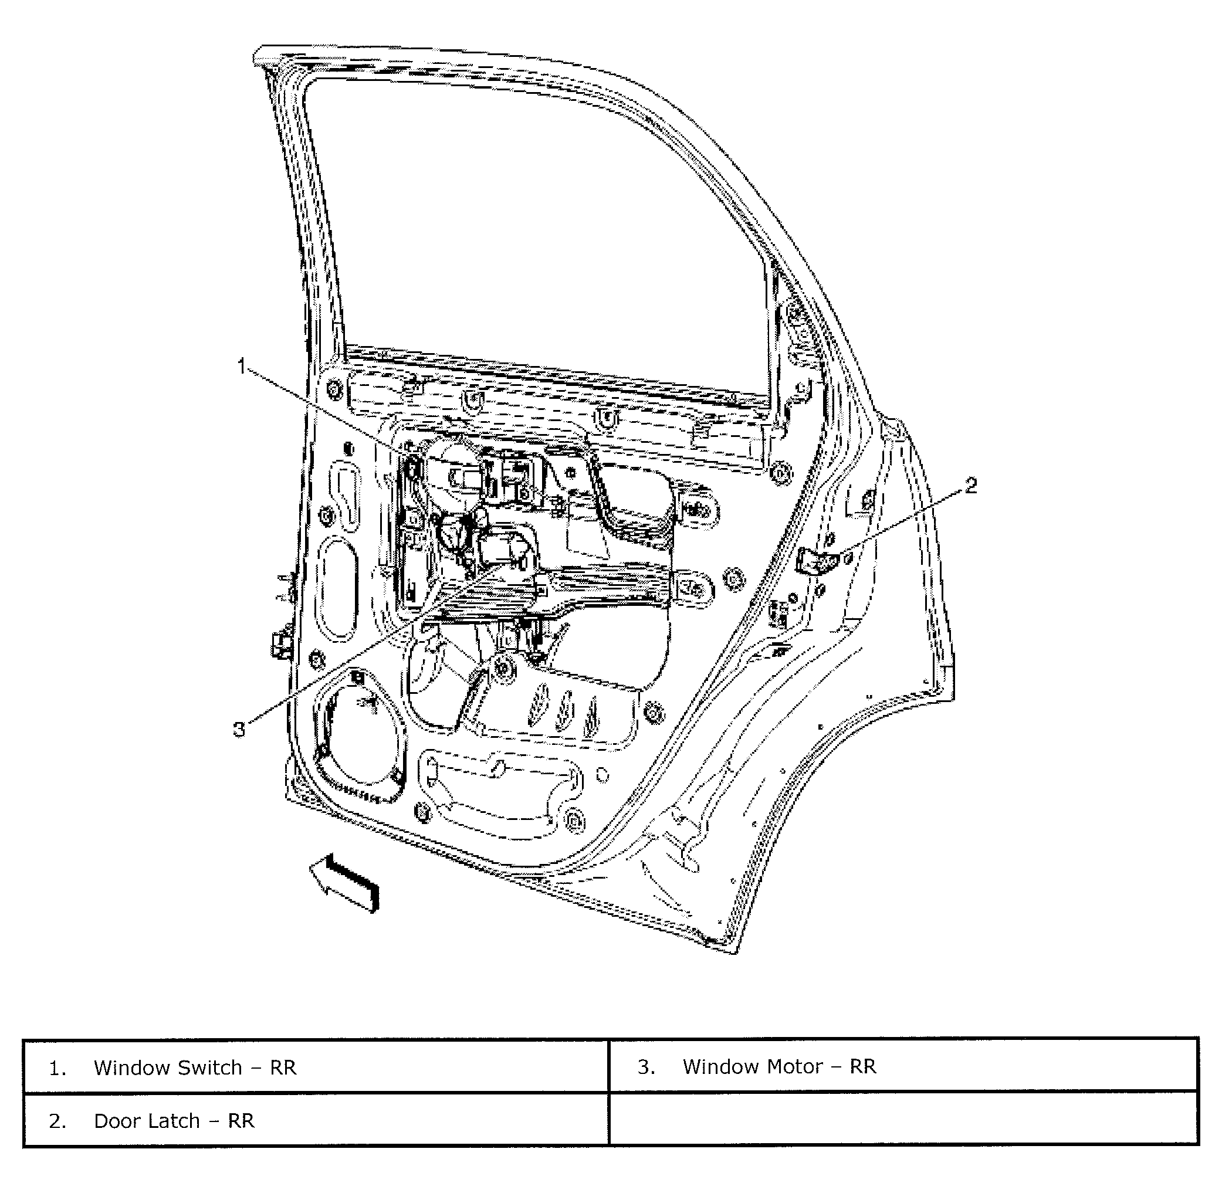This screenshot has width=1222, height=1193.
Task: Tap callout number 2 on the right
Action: (x=970, y=484)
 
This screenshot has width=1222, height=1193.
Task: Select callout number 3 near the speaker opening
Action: (x=239, y=728)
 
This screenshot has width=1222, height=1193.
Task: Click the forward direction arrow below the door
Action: (x=345, y=884)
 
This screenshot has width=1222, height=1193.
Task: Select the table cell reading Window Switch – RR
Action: (x=316, y=1067)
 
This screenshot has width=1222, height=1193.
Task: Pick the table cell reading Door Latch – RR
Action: (x=316, y=1120)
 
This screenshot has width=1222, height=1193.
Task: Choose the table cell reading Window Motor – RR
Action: (x=902, y=1066)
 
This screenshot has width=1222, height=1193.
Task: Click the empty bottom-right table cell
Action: (x=902, y=1120)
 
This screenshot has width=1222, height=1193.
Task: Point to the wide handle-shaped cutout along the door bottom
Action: (x=502, y=789)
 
